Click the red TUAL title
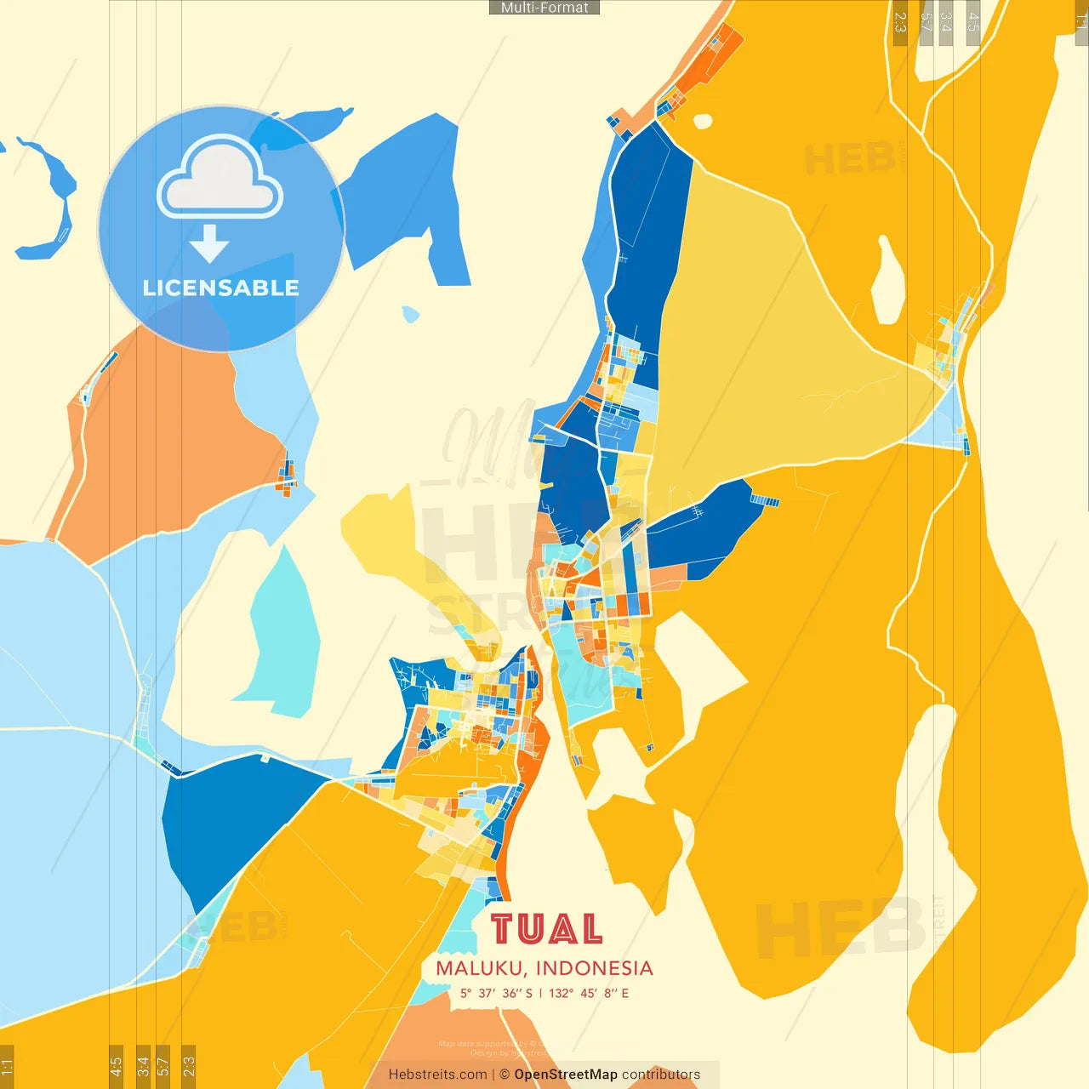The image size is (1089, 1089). [546, 929]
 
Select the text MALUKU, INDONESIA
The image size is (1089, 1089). [544, 968]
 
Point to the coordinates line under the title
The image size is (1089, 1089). [544, 993]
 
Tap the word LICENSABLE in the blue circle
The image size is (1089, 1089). [221, 288]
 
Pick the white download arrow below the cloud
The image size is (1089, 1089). [209, 243]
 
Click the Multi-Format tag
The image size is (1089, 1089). [544, 8]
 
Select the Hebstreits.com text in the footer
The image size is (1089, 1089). [437, 1075]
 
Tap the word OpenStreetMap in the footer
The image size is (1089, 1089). [566, 1075]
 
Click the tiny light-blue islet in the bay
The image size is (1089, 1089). [411, 315]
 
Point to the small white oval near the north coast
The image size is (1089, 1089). [703, 122]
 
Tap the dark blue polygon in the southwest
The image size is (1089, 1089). [230, 817]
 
